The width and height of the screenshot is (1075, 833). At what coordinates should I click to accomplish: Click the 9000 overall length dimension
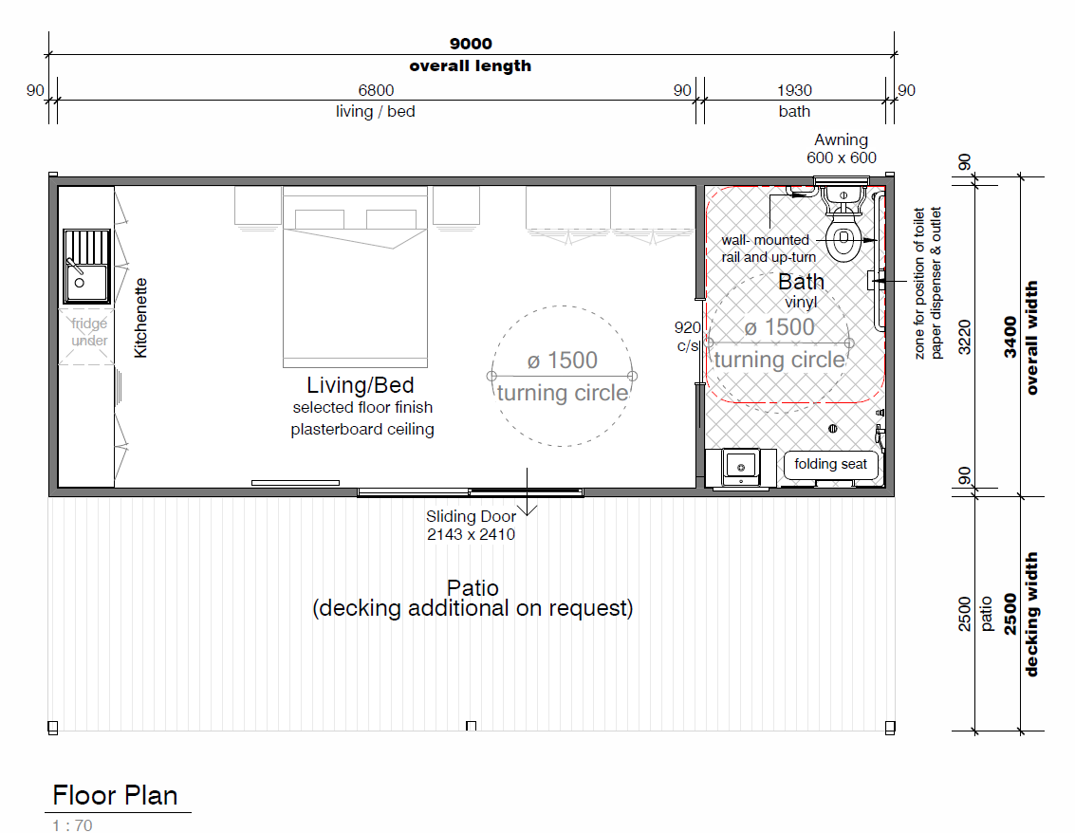click(471, 44)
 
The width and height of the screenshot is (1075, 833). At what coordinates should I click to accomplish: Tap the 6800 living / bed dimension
click(376, 90)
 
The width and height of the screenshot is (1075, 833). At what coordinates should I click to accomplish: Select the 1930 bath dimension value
click(794, 90)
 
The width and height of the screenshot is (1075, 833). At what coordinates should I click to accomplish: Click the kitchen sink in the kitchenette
click(86, 266)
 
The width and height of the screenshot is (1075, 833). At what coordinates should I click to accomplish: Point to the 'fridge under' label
click(89, 332)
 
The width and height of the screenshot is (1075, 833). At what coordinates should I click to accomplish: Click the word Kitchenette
click(140, 318)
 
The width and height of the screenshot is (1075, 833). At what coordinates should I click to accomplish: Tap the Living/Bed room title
click(360, 384)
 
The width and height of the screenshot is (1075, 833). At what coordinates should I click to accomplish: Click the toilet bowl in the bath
click(843, 238)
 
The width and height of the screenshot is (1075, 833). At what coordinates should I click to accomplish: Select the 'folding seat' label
click(830, 464)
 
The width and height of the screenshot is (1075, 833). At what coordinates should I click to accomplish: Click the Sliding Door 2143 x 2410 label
click(471, 526)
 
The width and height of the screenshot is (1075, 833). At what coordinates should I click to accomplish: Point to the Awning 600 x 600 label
click(842, 149)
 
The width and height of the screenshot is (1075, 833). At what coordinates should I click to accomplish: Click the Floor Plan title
click(115, 795)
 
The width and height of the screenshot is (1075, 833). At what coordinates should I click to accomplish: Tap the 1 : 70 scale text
click(72, 825)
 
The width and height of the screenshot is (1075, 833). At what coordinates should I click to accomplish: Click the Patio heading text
click(473, 587)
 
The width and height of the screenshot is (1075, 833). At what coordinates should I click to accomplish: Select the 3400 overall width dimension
click(1010, 338)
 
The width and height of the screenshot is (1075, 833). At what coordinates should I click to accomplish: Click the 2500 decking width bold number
click(1010, 614)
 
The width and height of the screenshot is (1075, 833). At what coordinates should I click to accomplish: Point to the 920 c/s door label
click(688, 337)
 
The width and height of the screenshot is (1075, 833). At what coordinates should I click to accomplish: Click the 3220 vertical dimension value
click(965, 338)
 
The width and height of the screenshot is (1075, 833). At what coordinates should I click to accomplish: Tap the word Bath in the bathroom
click(801, 282)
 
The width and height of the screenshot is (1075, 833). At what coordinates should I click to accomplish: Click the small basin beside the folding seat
click(741, 468)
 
